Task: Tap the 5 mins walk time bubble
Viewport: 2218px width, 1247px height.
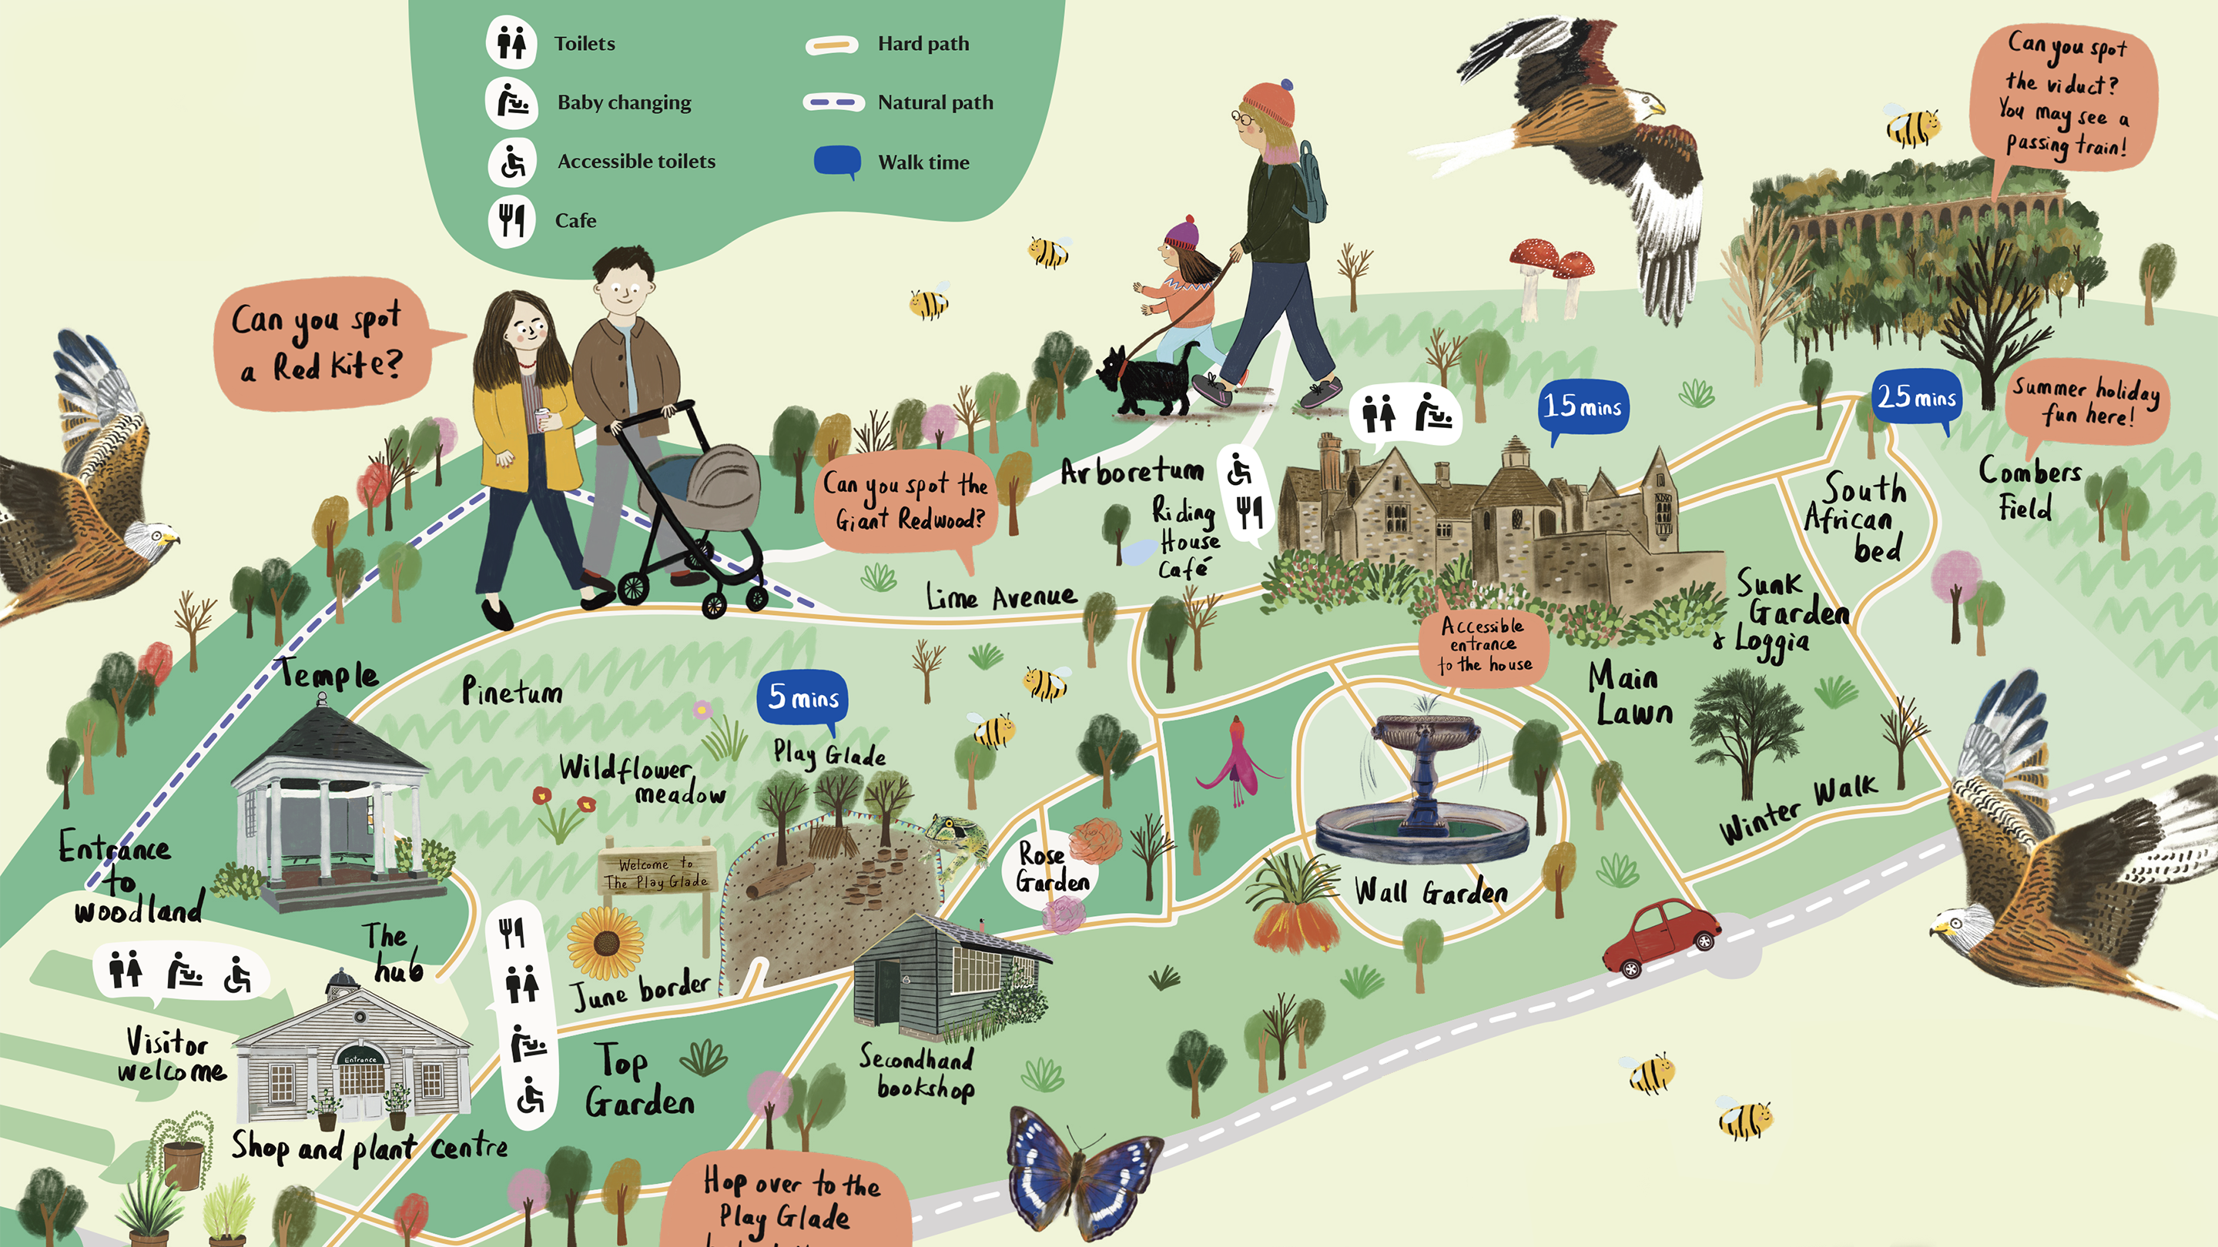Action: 803,697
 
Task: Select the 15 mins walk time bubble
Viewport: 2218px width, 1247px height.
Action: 1583,406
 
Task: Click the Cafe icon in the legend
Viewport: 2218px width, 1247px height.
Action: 511,220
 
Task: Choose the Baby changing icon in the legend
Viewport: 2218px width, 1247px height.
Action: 511,102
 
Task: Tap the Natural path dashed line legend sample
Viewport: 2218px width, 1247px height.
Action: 833,102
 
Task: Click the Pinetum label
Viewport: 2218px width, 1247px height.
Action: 511,691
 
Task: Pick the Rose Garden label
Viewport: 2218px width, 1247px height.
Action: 1051,868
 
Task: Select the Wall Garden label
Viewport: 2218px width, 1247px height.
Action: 1431,891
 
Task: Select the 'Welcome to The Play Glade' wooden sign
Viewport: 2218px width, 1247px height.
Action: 657,873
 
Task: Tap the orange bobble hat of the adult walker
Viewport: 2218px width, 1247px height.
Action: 1269,104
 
